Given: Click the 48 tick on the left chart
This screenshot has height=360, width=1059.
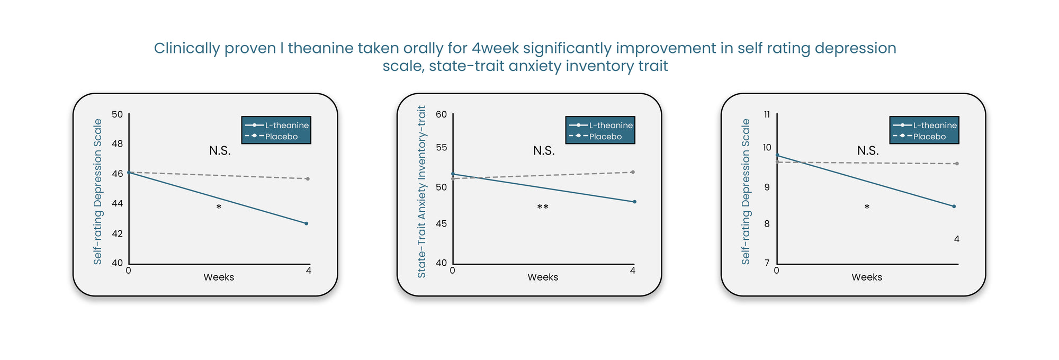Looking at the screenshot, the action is click(117, 143).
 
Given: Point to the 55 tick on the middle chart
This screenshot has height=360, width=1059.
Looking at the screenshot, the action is click(441, 147).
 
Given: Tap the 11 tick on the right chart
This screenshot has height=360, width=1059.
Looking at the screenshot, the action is click(767, 114).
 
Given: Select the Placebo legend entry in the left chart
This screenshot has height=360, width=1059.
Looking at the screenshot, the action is click(276, 137).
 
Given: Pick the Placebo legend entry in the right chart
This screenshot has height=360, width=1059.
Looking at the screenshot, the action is click(925, 137).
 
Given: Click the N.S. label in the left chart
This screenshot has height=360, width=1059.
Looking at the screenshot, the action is click(220, 151).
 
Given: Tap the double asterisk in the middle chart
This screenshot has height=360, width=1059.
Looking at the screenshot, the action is click(543, 207).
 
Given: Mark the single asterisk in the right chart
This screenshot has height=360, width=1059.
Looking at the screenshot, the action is click(867, 207).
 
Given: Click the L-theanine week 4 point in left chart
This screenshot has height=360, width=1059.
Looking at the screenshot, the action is click(306, 223).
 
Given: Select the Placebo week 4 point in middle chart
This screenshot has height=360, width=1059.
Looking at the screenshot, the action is click(633, 172).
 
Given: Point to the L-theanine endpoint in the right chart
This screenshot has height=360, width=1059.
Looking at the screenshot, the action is click(954, 206).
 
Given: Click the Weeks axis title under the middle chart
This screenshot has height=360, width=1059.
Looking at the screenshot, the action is click(543, 277).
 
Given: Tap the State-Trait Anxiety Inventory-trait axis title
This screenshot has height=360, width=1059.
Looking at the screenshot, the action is click(421, 192).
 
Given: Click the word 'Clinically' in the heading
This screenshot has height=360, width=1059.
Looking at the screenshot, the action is click(187, 48).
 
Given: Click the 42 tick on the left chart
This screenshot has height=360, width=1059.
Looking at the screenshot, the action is click(117, 233).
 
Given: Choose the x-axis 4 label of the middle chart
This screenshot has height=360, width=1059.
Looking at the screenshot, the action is click(633, 271).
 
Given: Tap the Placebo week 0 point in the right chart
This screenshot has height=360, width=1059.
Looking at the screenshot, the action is click(777, 162).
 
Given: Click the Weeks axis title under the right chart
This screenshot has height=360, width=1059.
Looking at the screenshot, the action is click(867, 277).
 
